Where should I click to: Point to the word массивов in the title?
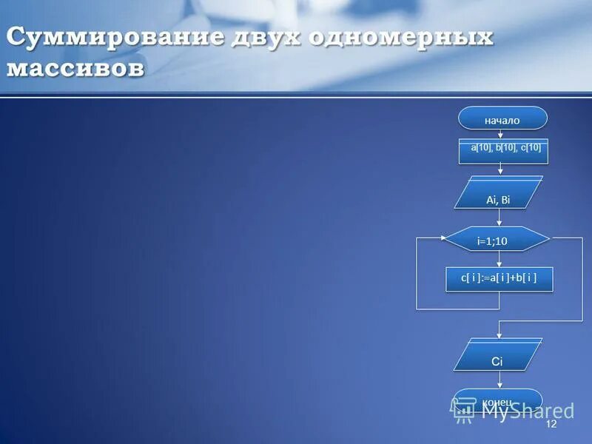click(x=76, y=70)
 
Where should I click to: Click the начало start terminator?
click(x=502, y=119)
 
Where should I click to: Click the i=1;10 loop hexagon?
click(x=497, y=239)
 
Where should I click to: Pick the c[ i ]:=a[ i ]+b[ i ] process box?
click(x=499, y=278)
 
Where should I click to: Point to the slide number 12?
click(x=551, y=423)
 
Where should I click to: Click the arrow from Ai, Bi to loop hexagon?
click(x=501, y=218)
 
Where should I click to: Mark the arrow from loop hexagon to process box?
click(x=501, y=259)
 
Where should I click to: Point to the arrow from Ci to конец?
click(x=500, y=379)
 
